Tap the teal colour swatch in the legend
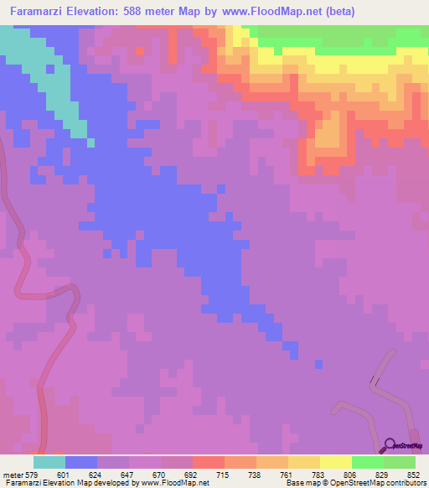(x=49, y=462)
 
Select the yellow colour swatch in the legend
(x=335, y=462)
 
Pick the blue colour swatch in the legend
(x=81, y=462)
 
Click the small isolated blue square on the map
(x=318, y=364)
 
